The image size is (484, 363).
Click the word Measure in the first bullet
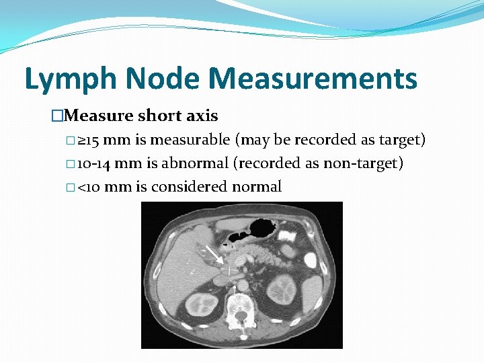point(99,116)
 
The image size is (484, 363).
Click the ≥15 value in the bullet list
point(88,140)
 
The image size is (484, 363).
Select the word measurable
point(191,140)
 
